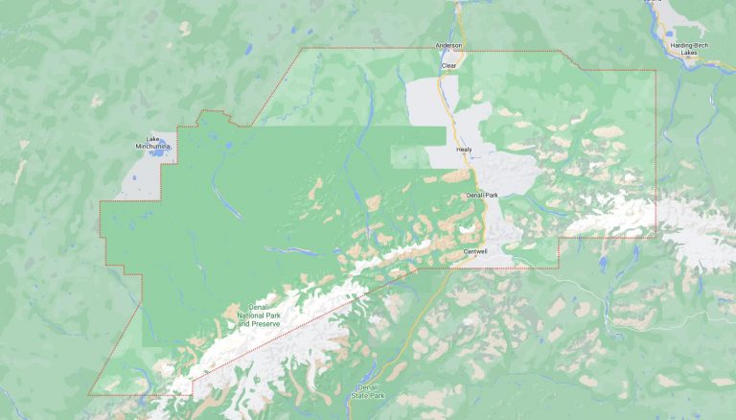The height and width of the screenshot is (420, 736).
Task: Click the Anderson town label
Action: coord(448,45)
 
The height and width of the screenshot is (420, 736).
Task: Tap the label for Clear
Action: coord(448,66)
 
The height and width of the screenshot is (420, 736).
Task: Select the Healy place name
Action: coord(464,150)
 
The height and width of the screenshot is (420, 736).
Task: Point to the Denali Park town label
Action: coord(482,195)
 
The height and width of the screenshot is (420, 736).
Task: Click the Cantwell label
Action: coord(475,251)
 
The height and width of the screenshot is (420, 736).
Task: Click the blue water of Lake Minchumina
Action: coord(159,152)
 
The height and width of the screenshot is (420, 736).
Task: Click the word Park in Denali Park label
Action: coord(492,195)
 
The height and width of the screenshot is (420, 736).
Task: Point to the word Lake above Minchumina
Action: coord(151,136)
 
